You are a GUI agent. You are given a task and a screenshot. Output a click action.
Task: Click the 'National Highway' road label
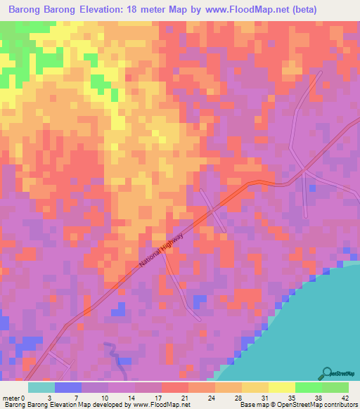162,251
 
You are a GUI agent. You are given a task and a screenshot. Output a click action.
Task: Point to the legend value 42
345,397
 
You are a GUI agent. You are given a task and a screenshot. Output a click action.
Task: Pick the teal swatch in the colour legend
41,387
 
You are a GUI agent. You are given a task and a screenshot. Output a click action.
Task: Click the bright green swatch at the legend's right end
335,387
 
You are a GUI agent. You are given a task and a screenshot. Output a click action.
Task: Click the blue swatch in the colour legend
68,387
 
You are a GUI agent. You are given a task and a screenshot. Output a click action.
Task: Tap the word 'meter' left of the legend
11,397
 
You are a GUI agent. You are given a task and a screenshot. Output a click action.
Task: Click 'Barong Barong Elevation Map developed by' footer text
60,405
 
